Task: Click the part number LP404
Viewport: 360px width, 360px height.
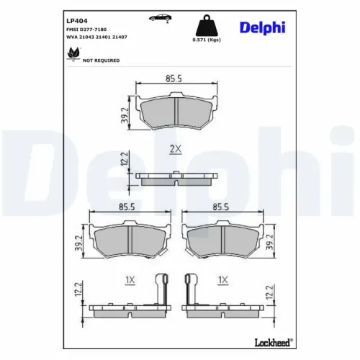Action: point(78,21)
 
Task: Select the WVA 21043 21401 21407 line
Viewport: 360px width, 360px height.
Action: point(98,37)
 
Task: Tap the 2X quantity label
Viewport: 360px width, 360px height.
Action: point(175,149)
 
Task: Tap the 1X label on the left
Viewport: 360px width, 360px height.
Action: point(130,280)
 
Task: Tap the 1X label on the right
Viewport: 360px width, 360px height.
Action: point(223,280)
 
